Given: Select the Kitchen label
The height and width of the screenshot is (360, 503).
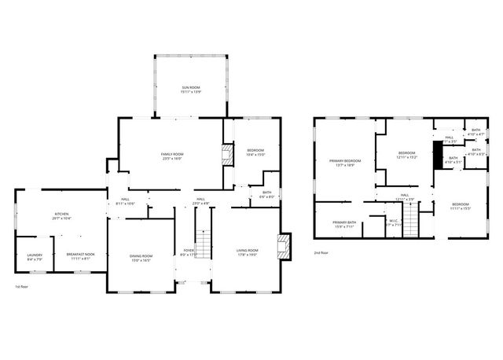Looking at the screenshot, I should [x=61, y=215].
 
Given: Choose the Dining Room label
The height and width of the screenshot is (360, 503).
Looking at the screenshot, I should [x=141, y=256].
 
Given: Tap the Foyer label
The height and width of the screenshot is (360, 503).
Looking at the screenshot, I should [x=189, y=252].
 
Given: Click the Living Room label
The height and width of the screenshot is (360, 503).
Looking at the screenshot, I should [x=248, y=252].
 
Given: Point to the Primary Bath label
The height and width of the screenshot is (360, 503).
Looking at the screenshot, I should [x=344, y=223].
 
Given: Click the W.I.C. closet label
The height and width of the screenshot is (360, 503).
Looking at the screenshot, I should [x=395, y=222].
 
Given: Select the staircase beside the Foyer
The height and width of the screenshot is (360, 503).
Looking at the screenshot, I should [x=204, y=244].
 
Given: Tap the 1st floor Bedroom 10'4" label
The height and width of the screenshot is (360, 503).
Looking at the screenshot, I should [x=255, y=152].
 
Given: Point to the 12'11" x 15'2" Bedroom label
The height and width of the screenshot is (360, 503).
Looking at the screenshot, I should [x=406, y=155].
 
